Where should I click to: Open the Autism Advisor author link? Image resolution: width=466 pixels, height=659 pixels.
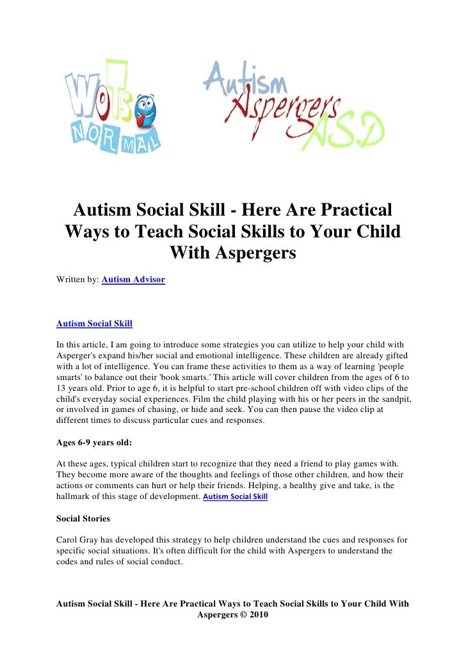coord(133,280)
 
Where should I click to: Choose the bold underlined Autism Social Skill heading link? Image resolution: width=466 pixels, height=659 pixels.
coord(94,323)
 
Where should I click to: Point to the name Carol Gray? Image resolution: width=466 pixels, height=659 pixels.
coord(79,539)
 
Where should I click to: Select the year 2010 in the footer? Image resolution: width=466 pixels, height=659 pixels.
coord(256,615)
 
